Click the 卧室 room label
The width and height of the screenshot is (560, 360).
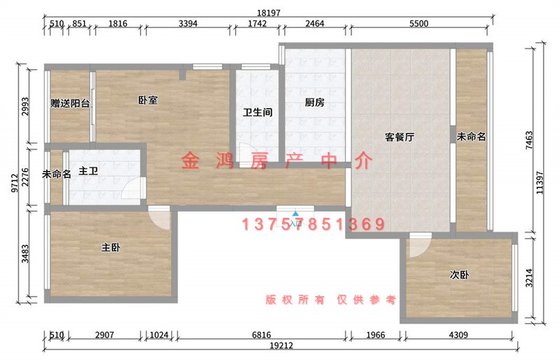click(148, 100)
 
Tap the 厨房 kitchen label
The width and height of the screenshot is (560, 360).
click(314, 102)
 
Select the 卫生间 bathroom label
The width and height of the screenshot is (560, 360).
click(258, 113)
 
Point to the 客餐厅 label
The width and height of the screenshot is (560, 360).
click(400, 137)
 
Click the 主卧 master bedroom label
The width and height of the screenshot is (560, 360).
click(111, 247)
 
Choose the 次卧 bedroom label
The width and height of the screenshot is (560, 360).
click(459, 275)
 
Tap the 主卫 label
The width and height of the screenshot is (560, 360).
click(88, 171)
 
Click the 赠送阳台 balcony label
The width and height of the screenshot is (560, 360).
click(70, 104)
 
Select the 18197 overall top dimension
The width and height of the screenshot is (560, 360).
click(269, 13)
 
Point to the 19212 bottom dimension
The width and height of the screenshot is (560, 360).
click(281, 346)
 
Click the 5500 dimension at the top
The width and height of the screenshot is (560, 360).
click(419, 24)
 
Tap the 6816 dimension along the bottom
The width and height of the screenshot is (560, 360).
click(261, 335)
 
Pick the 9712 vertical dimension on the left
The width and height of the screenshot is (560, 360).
click(15, 183)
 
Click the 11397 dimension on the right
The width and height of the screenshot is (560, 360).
click(540, 183)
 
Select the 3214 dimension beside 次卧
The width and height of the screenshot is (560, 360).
click(529, 278)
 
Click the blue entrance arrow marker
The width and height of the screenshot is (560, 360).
click(295, 214)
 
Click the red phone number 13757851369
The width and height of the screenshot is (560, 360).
click(313, 224)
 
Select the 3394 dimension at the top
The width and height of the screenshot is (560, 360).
click(188, 24)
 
